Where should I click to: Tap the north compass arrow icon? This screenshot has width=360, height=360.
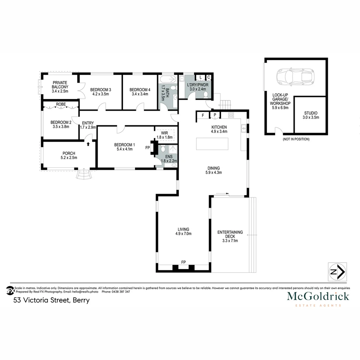tap(337, 272)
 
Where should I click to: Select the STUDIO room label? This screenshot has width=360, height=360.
tap(310, 115)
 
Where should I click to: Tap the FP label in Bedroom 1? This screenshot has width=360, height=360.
tap(147, 147)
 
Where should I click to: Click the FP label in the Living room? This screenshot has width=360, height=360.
tap(183, 262)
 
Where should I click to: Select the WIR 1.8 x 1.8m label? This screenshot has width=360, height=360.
tap(164, 135)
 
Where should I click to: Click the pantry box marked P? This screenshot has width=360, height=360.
tap(215, 115)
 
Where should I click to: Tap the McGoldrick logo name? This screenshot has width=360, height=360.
tap(318, 296)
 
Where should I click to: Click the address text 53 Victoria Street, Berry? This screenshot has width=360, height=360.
tap(51, 300)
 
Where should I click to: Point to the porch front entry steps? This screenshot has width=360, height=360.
tap(83, 174)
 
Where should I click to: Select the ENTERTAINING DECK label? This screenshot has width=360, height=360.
tap(230, 236)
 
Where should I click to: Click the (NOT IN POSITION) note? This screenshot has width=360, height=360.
tap(296, 139)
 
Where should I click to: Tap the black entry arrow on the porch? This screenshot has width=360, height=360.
tap(88, 144)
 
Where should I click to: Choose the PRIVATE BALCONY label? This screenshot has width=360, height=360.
tap(60, 87)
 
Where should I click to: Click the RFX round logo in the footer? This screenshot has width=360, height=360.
tap(10, 290)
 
